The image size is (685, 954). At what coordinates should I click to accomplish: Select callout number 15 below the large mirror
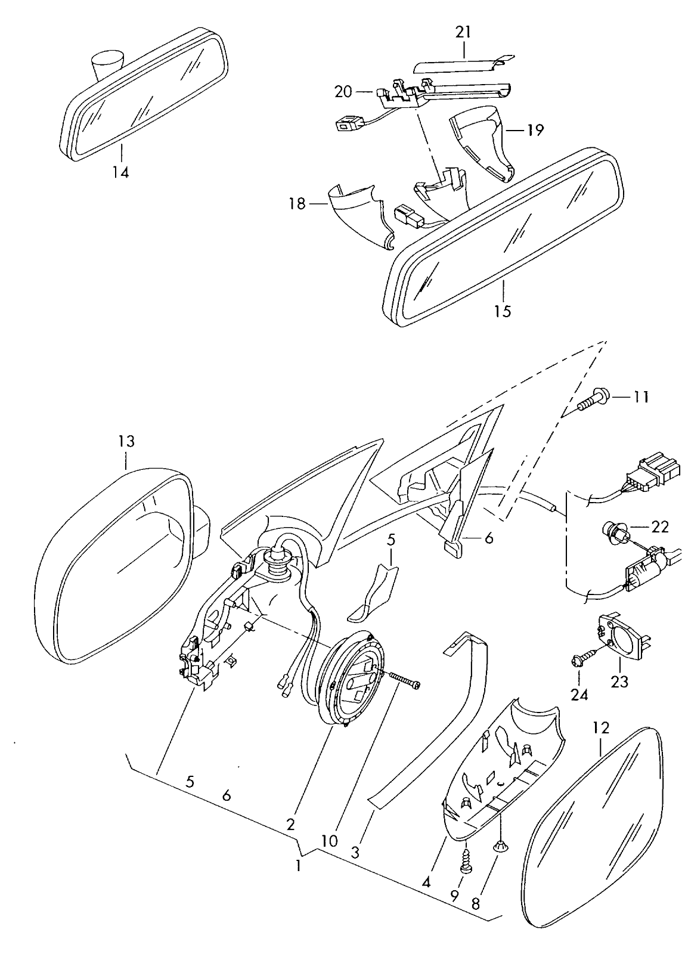pyautogui.click(x=503, y=311)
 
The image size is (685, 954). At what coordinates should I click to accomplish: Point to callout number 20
pyautogui.click(x=343, y=92)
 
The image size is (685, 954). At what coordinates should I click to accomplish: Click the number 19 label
pyautogui.click(x=535, y=130)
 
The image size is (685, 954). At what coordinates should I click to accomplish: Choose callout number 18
pyautogui.click(x=296, y=205)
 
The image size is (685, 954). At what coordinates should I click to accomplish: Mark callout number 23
pyautogui.click(x=619, y=681)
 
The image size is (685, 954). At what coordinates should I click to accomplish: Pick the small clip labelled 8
pyautogui.click(x=500, y=845)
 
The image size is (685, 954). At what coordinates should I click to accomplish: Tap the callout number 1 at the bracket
pyautogui.click(x=297, y=865)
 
